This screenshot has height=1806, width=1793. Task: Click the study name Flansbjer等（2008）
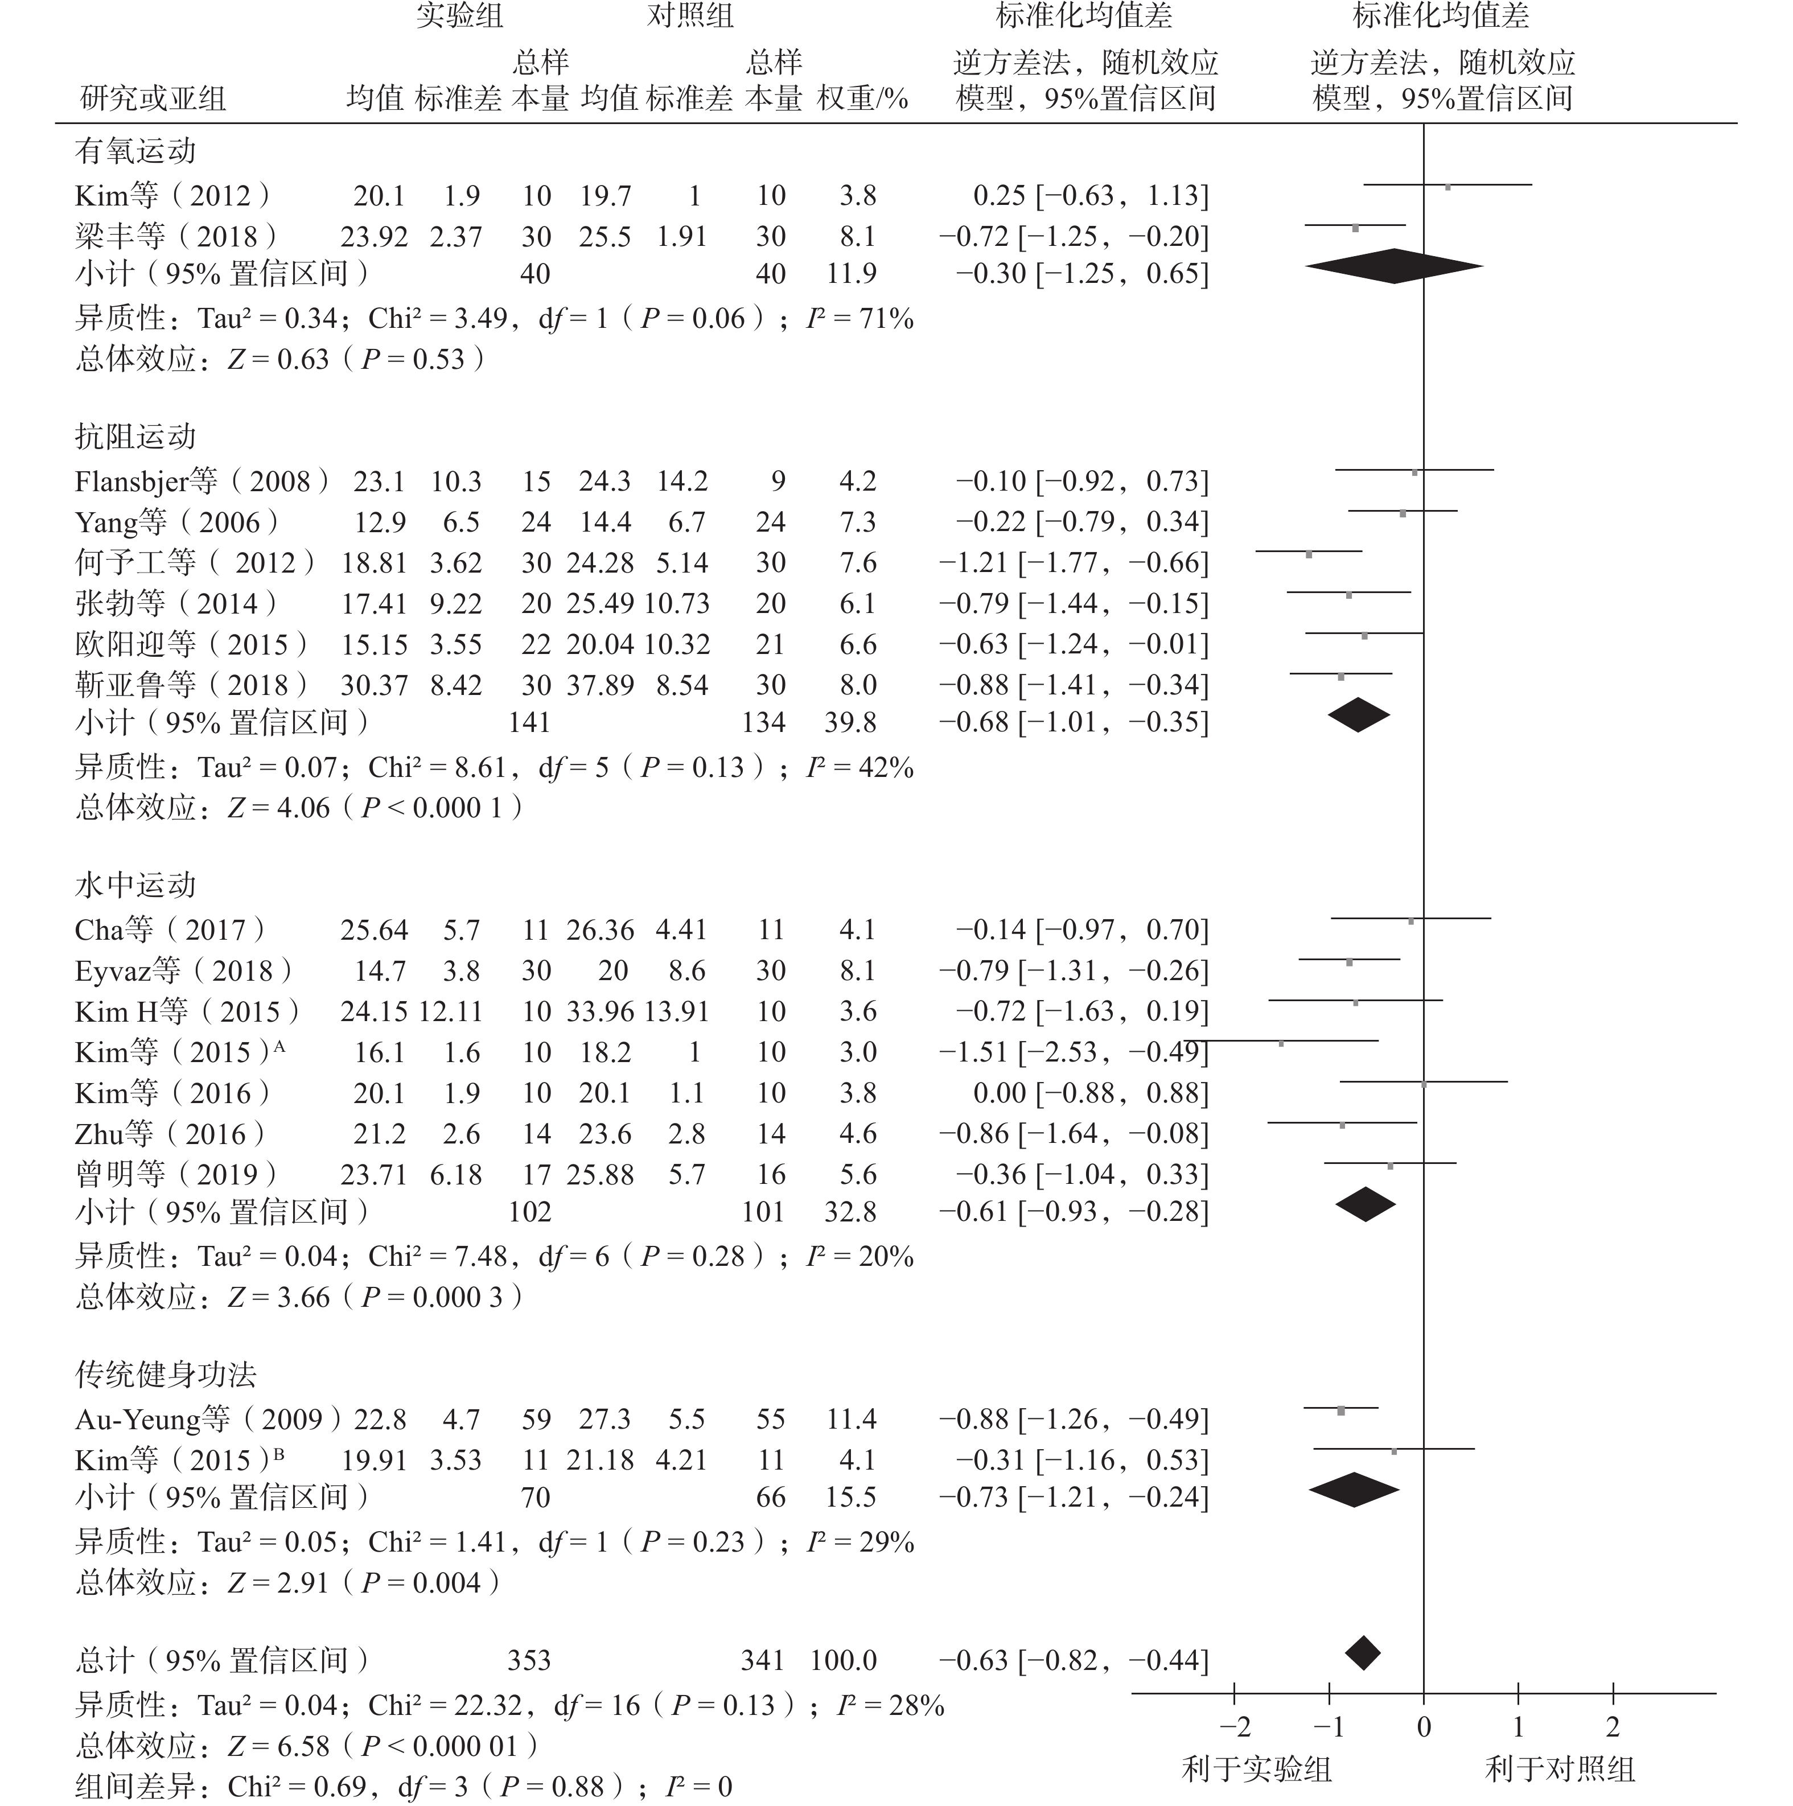pos(201,482)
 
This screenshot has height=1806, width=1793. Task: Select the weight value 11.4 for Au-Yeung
pos(851,1419)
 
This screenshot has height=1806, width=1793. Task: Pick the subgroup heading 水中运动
pos(135,885)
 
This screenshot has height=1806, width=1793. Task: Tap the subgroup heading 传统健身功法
pos(166,1374)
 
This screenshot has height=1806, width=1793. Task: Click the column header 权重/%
pos(862,98)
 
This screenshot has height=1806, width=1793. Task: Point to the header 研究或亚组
pos(153,98)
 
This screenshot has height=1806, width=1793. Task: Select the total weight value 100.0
pos(843,1660)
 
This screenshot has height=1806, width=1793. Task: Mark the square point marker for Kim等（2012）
pos(1448,187)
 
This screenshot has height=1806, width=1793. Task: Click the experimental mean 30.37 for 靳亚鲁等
pos(374,685)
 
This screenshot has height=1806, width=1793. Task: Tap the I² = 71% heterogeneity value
pos(860,319)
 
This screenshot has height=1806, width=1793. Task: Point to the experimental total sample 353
pos(529,1660)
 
